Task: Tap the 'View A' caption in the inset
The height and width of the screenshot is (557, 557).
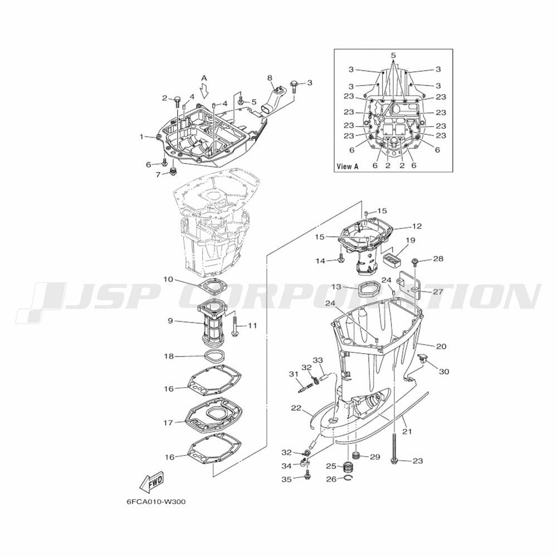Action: pos(348,166)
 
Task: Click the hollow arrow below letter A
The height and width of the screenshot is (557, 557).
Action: pos(204,91)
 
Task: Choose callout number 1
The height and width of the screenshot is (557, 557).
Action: pos(141,136)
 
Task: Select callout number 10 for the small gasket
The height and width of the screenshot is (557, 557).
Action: pos(168,280)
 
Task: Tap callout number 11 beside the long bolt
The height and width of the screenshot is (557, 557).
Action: pos(252,325)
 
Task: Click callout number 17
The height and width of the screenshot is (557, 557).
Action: pos(168,423)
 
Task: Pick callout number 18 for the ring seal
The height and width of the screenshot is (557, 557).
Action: pos(169,356)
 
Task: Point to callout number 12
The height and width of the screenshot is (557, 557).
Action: pos(417,226)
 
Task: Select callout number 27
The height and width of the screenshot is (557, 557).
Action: pos(438,292)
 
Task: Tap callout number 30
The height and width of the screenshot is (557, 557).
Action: pos(444,372)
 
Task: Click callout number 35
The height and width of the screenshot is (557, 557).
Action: pos(286,480)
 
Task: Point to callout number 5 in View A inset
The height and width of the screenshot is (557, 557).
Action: pos(393,55)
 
